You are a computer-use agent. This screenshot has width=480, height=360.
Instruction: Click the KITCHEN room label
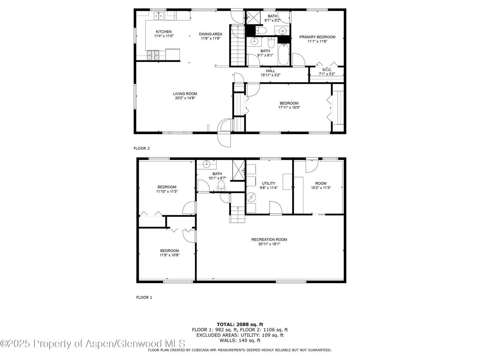pos(163,32)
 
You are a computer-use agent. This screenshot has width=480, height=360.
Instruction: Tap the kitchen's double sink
pos(159,16)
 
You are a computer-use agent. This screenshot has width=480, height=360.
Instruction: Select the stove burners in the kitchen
pos(153,55)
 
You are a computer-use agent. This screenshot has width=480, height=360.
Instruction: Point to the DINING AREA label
pos(210,34)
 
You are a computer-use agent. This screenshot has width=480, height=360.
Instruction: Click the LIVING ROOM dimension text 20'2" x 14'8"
pos(185,98)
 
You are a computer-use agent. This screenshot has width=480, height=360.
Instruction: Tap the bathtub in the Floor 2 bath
pos(283,54)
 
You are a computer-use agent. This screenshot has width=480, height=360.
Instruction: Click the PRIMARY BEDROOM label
pos(317,37)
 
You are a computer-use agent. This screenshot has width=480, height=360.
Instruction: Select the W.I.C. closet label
pos(327,70)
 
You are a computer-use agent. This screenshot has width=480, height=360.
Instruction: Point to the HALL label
pos(270,71)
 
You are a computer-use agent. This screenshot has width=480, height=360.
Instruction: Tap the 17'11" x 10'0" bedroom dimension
pos(289,108)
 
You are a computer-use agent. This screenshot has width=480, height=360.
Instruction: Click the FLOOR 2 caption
pos(141,148)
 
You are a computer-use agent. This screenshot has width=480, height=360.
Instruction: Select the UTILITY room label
pos(268,183)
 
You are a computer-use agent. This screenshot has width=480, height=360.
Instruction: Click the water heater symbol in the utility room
pos(251,197)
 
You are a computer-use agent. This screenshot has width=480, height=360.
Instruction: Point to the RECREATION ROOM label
pos(269,240)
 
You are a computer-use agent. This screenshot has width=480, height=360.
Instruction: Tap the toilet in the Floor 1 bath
pos(221,185)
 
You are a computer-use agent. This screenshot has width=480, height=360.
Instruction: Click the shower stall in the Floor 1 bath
pos(238,170)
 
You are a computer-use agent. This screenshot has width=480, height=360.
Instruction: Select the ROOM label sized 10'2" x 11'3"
pos(321,183)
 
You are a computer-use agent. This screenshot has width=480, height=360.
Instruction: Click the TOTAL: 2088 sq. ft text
pos(240,324)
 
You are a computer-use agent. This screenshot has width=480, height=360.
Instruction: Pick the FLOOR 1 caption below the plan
pos(144,297)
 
